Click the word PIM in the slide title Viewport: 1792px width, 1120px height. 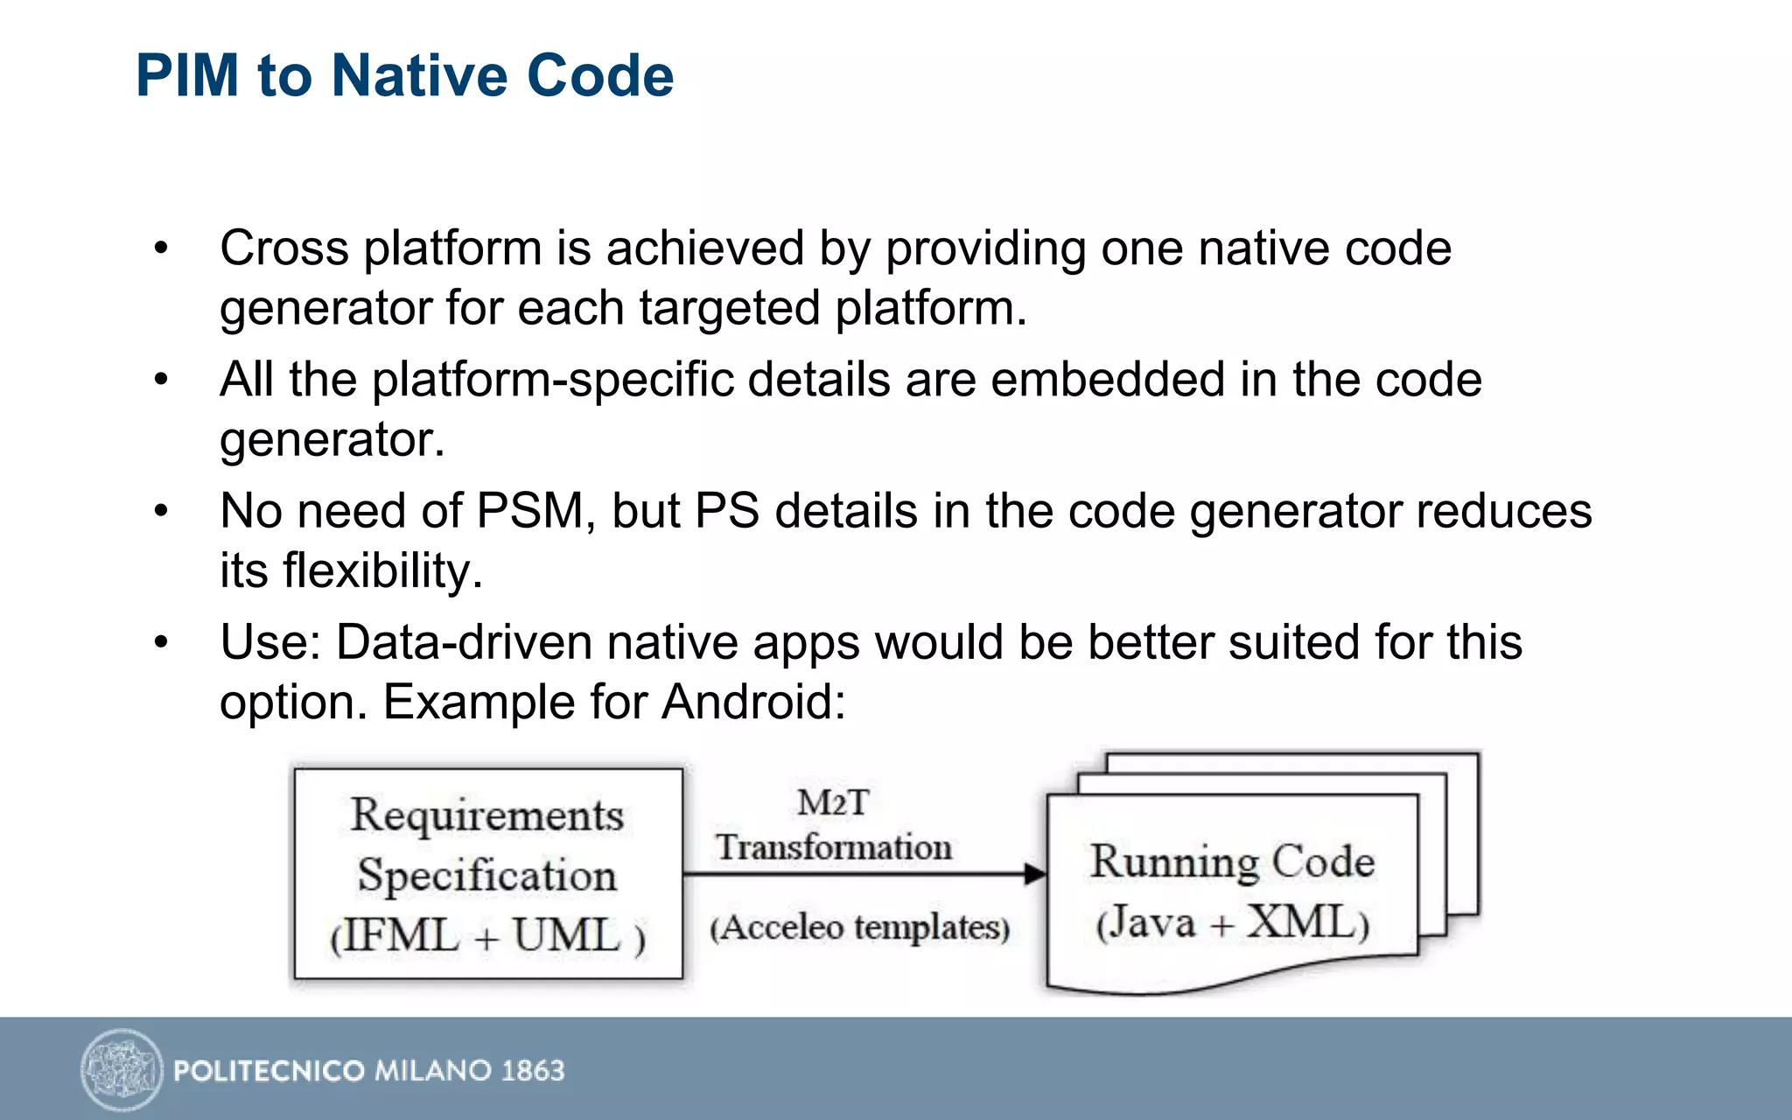187,75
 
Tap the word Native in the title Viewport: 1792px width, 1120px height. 420,75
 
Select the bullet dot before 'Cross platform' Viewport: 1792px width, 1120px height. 160,248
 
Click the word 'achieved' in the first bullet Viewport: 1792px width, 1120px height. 704,248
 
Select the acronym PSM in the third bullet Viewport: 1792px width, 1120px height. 530,511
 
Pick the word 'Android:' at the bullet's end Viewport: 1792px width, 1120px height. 753,702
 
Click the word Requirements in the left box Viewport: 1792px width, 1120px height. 487,815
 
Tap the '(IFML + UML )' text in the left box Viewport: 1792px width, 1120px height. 487,935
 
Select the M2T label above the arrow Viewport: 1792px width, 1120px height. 833,802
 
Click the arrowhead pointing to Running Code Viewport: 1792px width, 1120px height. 1035,873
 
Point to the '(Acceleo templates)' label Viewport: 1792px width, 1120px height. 859,927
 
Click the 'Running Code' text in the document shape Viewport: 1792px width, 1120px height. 1232,862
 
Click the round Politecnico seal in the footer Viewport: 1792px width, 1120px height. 122,1069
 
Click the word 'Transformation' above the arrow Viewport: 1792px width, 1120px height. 833,847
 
